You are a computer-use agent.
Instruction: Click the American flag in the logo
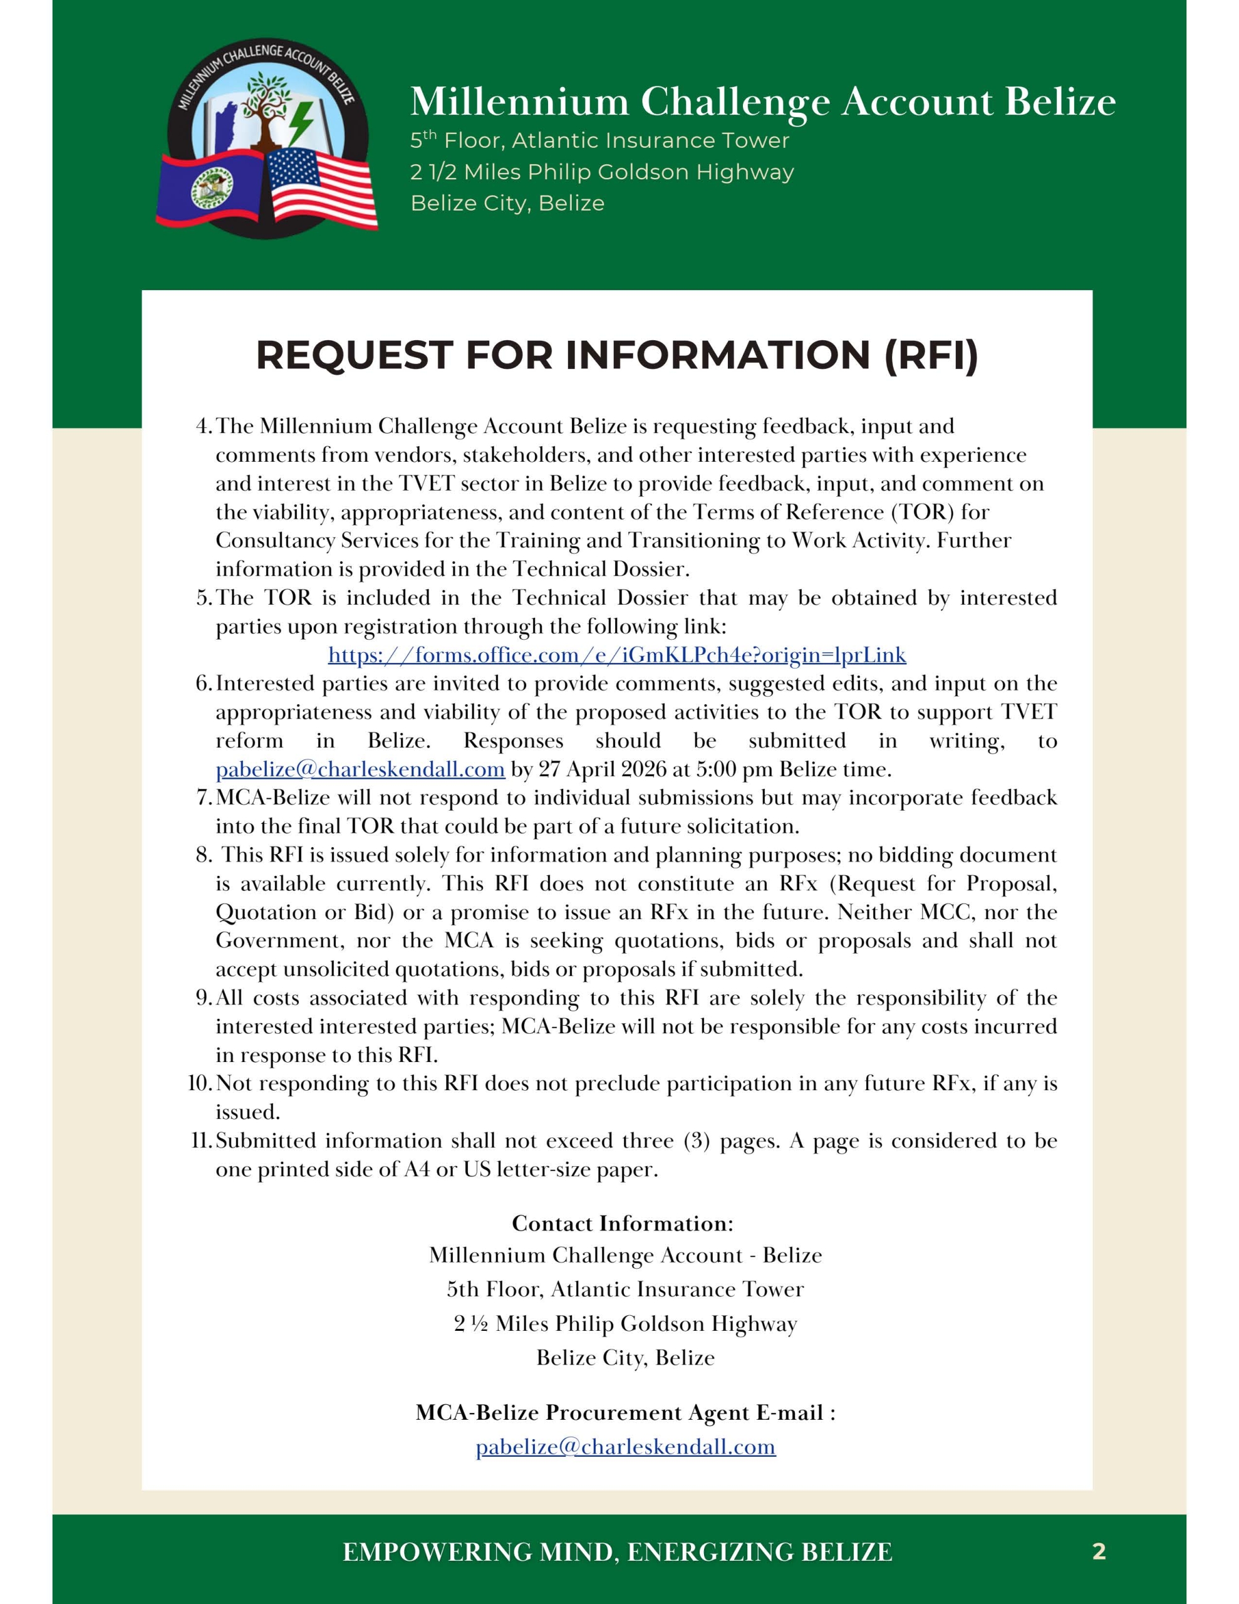point(321,187)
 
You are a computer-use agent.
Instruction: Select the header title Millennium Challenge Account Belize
point(762,102)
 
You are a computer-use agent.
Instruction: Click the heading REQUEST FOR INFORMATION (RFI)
point(617,355)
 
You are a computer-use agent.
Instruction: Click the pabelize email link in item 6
point(360,769)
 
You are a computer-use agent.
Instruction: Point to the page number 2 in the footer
point(1099,1551)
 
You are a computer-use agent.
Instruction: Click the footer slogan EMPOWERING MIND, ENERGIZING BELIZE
point(617,1552)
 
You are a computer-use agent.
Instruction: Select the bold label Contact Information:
point(622,1223)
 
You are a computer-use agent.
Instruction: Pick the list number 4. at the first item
point(204,426)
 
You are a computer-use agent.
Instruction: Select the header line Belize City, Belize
point(507,203)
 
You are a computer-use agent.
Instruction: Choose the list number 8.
point(204,855)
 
